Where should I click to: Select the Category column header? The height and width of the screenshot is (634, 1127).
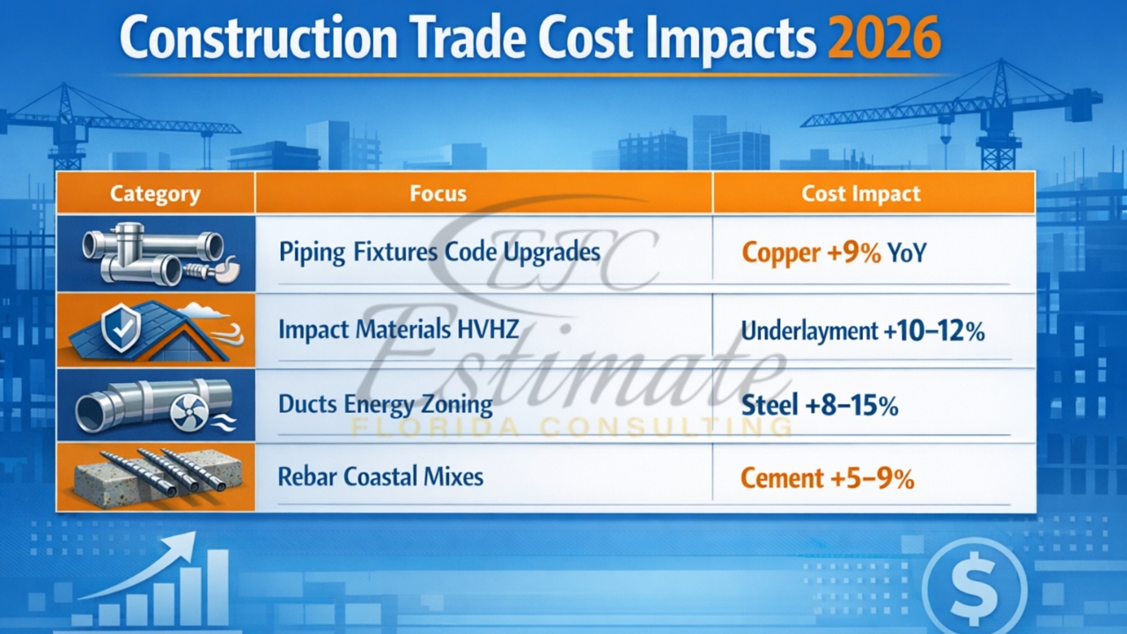coord(155,194)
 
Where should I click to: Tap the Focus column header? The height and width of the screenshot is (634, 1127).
coord(438,194)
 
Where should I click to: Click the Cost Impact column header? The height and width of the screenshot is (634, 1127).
coord(860,194)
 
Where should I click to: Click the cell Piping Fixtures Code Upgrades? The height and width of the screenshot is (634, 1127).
coord(439,253)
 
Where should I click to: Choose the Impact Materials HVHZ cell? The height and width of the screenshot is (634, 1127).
coord(398,330)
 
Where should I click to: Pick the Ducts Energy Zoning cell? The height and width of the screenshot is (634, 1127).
coord(385,404)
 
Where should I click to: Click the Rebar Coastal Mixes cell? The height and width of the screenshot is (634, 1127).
coord(380,477)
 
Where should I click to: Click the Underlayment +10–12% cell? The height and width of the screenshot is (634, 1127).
coord(862,331)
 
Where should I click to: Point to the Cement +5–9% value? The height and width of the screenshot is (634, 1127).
coord(827,479)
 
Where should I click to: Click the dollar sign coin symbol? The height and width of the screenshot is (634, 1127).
coord(975,586)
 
